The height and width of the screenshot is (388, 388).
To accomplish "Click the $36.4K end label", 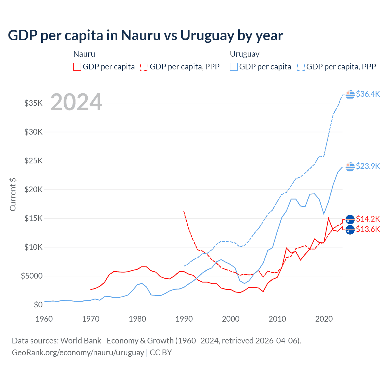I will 368,94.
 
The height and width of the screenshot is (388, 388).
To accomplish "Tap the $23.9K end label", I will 368,166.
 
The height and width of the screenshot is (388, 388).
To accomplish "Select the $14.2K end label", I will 368,219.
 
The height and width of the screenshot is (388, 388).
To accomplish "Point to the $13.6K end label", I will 368,229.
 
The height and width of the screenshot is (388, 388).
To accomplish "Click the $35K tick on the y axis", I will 34,103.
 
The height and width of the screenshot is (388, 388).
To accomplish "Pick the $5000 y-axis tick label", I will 32,276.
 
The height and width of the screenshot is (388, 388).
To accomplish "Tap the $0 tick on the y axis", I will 38,305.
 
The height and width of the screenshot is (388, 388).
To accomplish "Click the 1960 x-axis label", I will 44,319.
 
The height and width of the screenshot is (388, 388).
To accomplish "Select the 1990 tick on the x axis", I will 184,319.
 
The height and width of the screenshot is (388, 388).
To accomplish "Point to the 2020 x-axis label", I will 324,319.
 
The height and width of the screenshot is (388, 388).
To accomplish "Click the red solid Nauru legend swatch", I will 77,67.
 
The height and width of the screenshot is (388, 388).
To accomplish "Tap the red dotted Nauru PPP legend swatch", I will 144,67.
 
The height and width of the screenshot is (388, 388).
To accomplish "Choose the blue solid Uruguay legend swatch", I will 234,67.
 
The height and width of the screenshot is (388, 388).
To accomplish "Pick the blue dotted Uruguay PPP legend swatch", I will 301,67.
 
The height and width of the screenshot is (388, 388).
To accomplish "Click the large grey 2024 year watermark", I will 76,102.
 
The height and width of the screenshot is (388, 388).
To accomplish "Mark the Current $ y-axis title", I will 13,194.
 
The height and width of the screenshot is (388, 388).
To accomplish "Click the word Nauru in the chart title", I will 141,35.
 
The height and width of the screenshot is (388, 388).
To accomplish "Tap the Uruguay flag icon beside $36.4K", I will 350,94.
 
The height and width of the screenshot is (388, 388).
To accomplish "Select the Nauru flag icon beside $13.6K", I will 350,230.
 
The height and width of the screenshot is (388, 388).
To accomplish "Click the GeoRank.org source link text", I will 78,353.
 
